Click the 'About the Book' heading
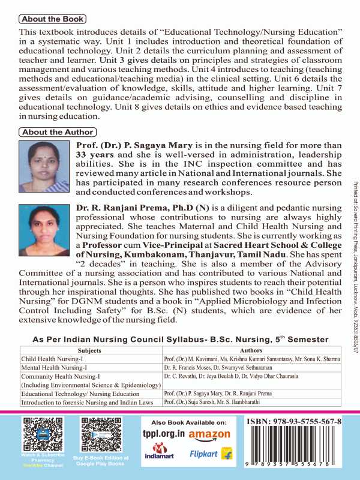pyautogui.click(x=52, y=19)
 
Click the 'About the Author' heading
pyautogui.click(x=57, y=132)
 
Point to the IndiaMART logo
pyautogui.click(x=160, y=455)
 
